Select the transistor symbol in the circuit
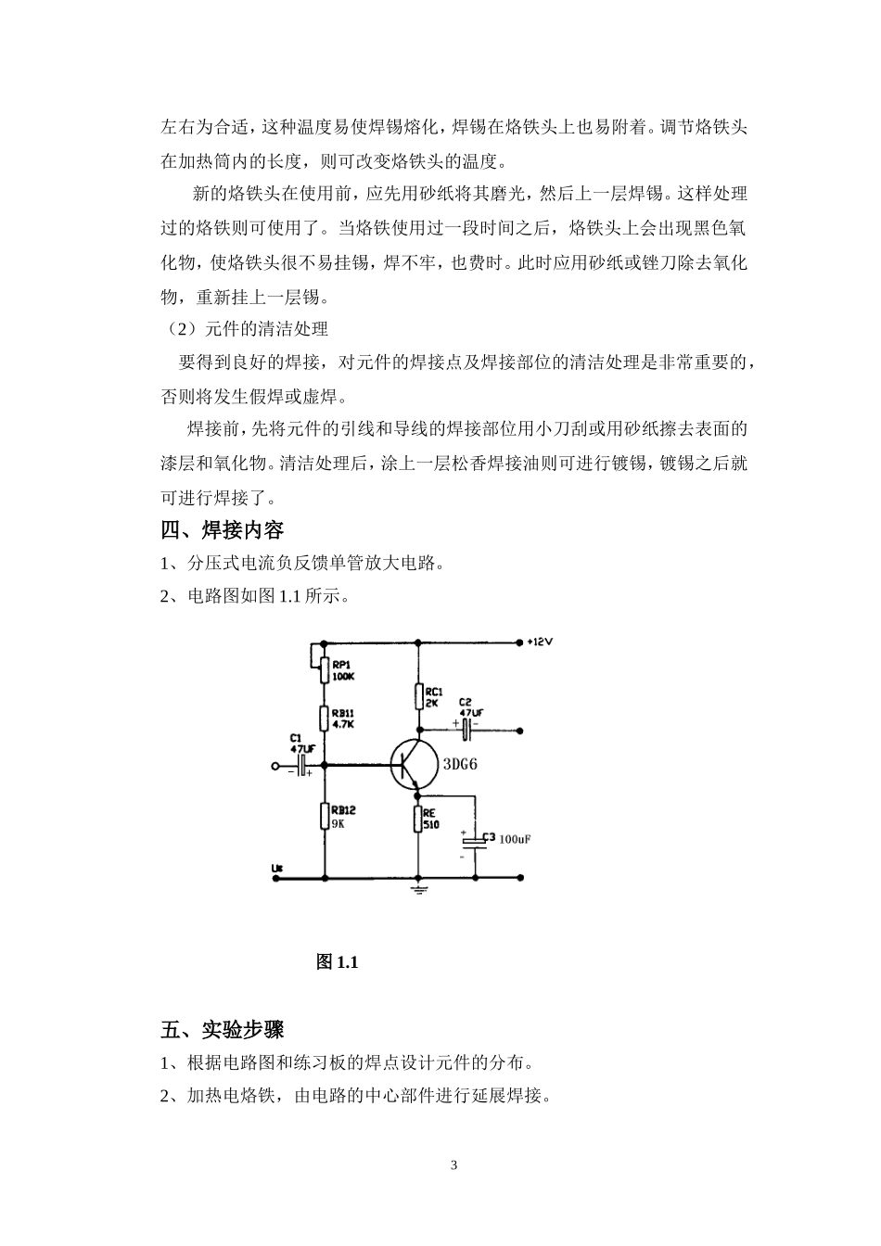(413, 766)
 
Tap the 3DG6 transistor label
(460, 765)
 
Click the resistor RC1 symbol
(417, 696)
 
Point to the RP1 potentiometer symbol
(324, 669)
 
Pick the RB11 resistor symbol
(325, 718)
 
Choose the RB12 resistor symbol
(325, 816)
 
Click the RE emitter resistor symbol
(417, 819)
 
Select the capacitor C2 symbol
(466, 731)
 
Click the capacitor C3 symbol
(475, 840)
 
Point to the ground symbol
(417, 890)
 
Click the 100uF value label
(515, 840)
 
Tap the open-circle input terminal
(275, 767)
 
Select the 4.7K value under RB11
(342, 724)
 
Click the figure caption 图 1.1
(337, 962)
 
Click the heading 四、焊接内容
(222, 530)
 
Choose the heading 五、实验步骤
(222, 1030)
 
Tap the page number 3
(453, 1165)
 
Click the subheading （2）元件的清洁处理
(245, 329)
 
